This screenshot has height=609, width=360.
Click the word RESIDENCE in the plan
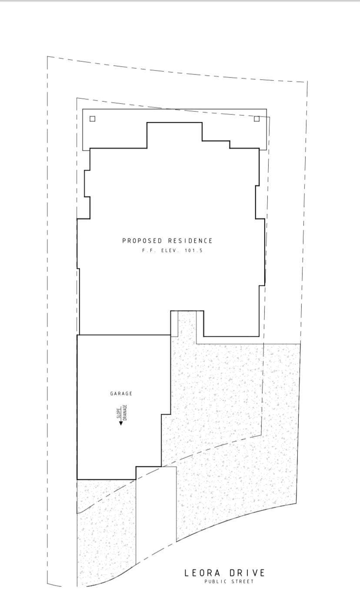point(190,241)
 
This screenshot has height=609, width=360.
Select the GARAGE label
point(121,394)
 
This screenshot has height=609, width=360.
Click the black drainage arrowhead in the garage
point(121,423)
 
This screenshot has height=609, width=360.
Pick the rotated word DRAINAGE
point(125,412)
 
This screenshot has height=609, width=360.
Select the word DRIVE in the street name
point(247,573)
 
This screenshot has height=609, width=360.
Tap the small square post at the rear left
point(92,119)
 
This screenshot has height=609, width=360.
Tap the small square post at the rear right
point(257,119)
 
